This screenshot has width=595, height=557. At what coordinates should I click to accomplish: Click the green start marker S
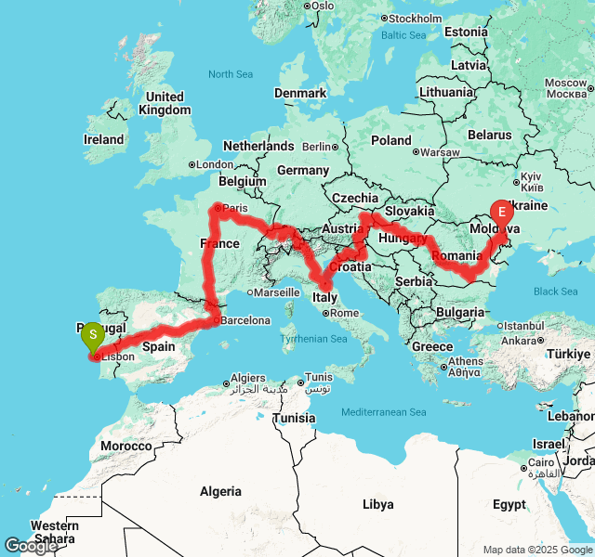click(x=93, y=335)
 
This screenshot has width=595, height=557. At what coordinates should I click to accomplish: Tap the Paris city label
click(x=235, y=208)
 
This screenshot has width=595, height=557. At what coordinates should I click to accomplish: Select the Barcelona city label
click(x=245, y=321)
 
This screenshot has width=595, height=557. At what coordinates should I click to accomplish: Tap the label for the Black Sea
click(x=555, y=291)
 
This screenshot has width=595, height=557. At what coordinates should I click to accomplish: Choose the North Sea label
click(x=231, y=74)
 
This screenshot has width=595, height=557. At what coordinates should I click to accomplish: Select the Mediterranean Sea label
click(x=383, y=412)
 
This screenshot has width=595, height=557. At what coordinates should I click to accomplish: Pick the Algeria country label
click(x=220, y=491)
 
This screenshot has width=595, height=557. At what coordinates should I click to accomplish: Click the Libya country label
click(x=377, y=504)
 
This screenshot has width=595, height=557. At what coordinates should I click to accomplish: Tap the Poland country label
click(x=391, y=140)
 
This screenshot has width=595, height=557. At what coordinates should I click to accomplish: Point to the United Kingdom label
click(x=165, y=103)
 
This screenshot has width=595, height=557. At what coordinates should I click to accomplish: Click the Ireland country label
click(x=103, y=139)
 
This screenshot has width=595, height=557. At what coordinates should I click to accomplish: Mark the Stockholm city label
click(x=416, y=19)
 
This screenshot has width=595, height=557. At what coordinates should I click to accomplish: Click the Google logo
click(x=31, y=546)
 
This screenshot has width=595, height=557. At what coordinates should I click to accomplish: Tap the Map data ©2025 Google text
click(x=536, y=550)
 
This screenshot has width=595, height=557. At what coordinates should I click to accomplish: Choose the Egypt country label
click(x=509, y=505)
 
